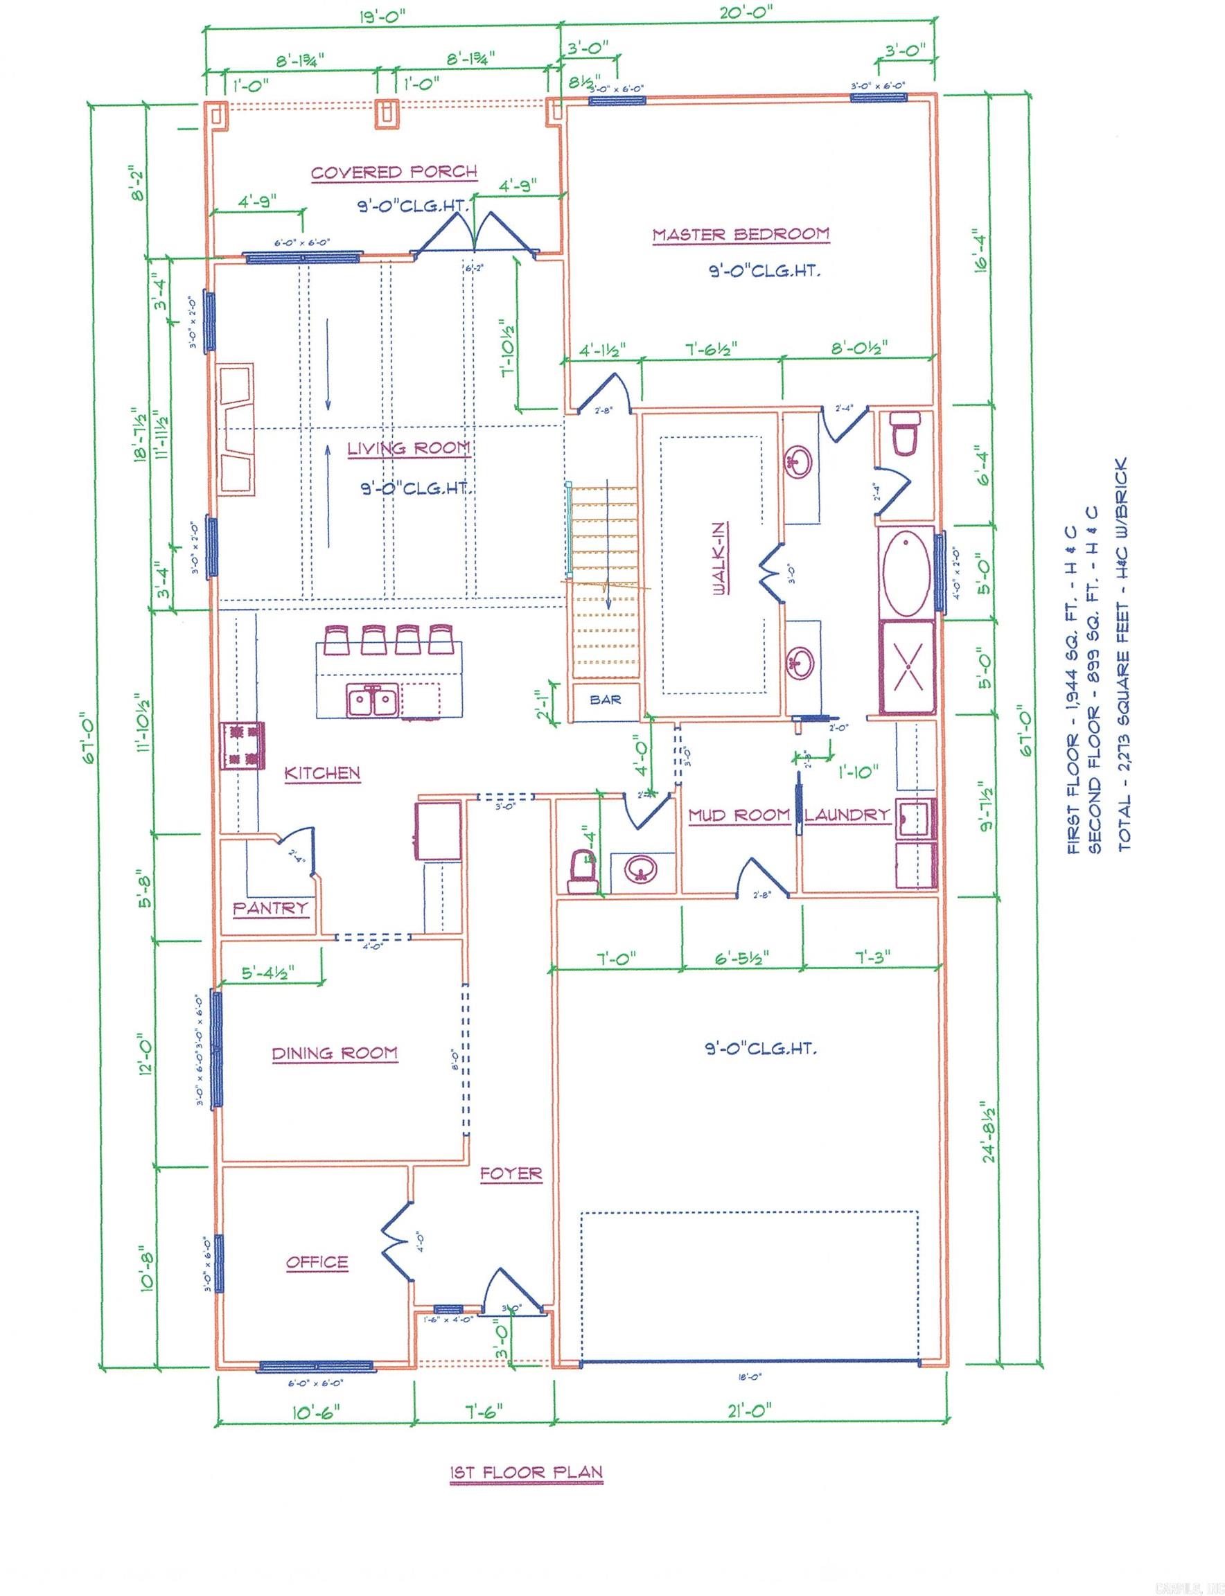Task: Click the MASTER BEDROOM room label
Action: pyautogui.click(x=741, y=235)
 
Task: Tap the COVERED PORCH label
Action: pyautogui.click(x=394, y=172)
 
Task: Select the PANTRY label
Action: pyautogui.click(x=270, y=907)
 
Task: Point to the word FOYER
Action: pyautogui.click(x=511, y=1173)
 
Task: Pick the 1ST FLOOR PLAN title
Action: pyautogui.click(x=527, y=1472)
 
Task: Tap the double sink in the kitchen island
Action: pyautogui.click(x=372, y=702)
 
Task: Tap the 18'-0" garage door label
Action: pyautogui.click(x=750, y=1377)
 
